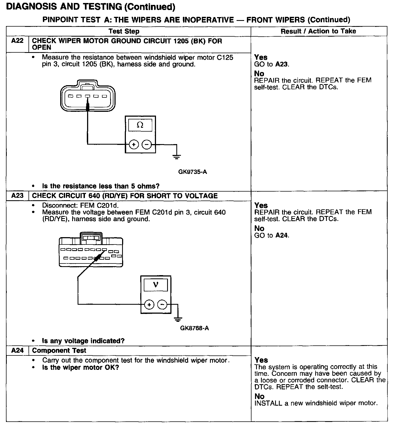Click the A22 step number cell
click(x=17, y=41)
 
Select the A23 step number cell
click(x=17, y=196)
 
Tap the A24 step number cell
click(x=17, y=350)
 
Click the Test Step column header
click(x=124, y=31)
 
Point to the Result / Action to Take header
click(x=318, y=31)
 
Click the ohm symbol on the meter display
click(x=140, y=125)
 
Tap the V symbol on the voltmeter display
click(x=155, y=285)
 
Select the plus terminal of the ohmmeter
click(x=133, y=145)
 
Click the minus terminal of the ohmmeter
click(x=147, y=145)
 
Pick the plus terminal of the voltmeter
click(x=149, y=305)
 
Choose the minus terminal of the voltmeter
click(x=162, y=305)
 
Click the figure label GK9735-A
click(x=193, y=172)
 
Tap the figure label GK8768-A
click(x=195, y=328)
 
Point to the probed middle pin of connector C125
click(x=87, y=96)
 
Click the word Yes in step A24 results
click(x=261, y=360)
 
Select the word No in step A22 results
click(x=259, y=74)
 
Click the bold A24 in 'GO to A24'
click(x=282, y=235)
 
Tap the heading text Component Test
click(x=59, y=350)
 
